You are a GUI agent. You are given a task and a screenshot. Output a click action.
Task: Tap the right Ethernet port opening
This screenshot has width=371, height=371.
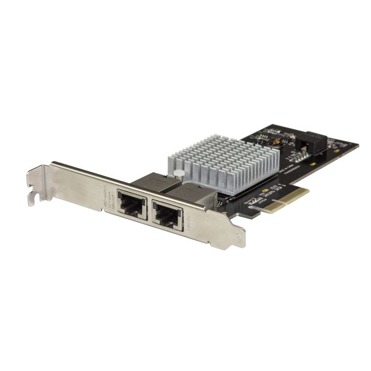(167, 215)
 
